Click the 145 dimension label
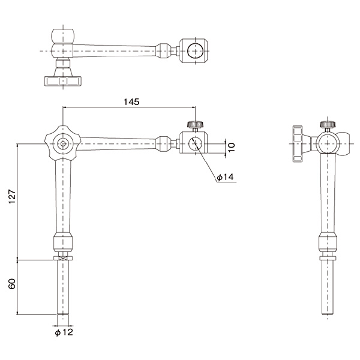click(x=131, y=102)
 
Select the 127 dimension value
click(x=12, y=197)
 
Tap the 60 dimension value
click(x=12, y=284)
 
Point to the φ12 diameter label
click(x=64, y=332)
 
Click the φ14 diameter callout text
click(x=225, y=177)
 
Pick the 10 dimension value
click(x=232, y=147)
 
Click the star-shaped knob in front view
click(x=62, y=144)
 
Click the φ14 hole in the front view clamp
click(x=195, y=144)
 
